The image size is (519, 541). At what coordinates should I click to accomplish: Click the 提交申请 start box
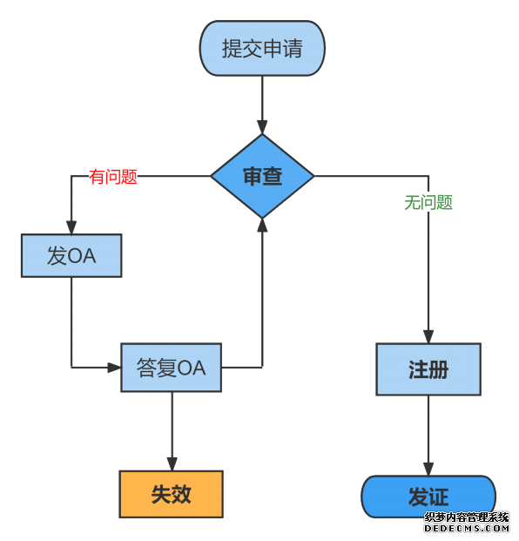coord(262,48)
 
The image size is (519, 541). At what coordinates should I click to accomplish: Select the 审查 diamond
coord(262,176)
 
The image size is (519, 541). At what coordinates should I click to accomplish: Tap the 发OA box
coord(71,255)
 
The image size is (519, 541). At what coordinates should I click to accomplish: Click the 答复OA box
coord(172,368)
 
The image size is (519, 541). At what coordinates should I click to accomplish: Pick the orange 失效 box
coord(172,494)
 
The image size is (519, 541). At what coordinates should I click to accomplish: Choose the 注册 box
coord(428,369)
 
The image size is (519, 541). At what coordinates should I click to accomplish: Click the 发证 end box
coord(428,497)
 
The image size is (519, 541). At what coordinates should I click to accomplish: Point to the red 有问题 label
coord(114,177)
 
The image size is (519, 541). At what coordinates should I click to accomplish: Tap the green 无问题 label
coord(428,202)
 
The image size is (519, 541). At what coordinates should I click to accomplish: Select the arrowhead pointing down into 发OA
coord(71,227)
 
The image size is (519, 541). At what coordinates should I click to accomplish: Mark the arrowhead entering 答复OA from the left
coord(113,368)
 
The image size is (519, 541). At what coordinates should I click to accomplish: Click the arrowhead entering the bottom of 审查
coord(262,225)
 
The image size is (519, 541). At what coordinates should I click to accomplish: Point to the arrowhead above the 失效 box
coord(172,463)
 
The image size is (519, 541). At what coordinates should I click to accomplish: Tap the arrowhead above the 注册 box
coord(428,336)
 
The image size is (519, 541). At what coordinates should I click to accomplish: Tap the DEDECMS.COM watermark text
coord(467,528)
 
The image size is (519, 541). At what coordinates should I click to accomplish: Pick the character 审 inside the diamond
coord(252,176)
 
